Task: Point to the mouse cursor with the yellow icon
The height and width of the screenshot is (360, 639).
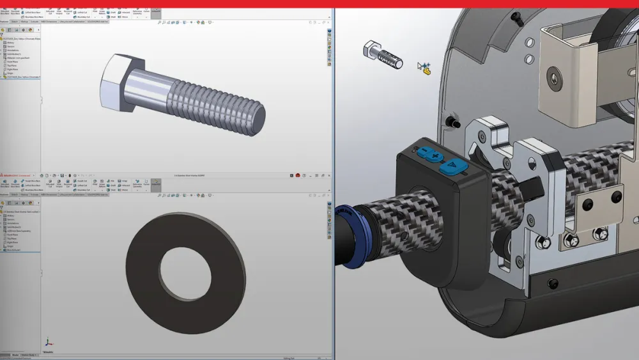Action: click(423, 68)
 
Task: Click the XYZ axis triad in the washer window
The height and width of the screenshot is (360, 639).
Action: click(48, 343)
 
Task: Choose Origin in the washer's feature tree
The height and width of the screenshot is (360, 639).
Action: click(10, 246)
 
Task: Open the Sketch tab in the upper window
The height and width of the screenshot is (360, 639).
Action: click(15, 21)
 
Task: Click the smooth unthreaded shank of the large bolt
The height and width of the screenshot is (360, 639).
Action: click(147, 91)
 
